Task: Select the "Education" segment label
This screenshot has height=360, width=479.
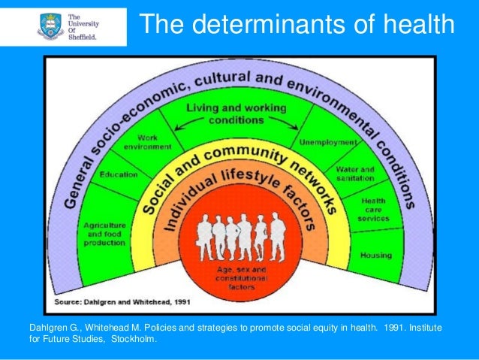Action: click(x=118, y=174)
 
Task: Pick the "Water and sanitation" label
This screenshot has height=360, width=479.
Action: click(x=354, y=174)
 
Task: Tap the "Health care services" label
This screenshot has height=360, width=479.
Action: click(x=374, y=210)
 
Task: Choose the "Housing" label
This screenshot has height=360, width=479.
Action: click(x=375, y=256)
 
